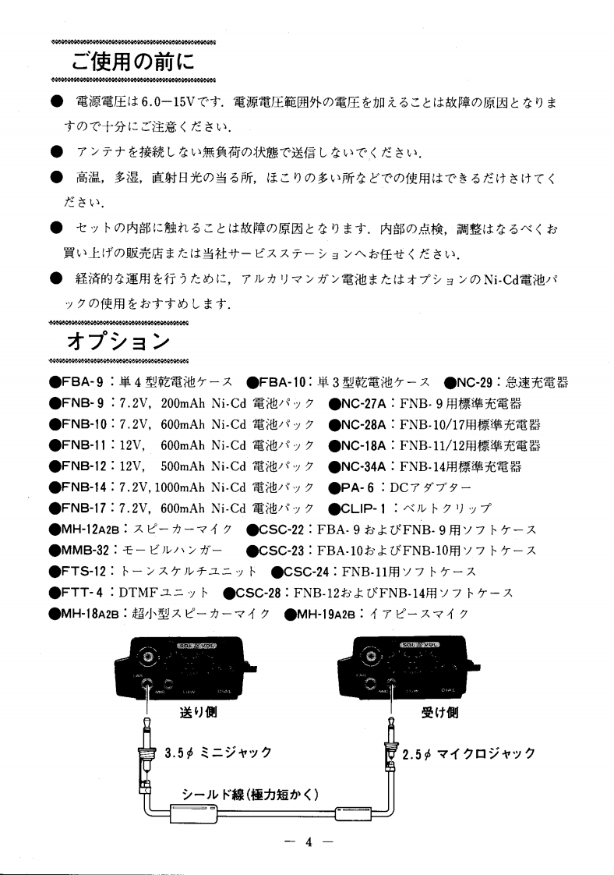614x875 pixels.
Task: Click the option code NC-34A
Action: click(363, 467)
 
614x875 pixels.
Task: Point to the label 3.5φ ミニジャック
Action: click(218, 753)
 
